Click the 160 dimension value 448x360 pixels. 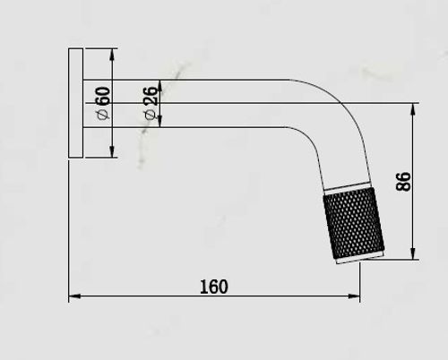pos(213,287)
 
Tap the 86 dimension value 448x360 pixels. pos(403,181)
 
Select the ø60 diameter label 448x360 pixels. pos(103,103)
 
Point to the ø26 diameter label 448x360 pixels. pos(151,103)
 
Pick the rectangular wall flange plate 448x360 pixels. pos(76,103)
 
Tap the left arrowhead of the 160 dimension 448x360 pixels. pos(74,296)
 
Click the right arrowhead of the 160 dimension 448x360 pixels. pos(354,296)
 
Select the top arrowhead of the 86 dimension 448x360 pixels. pos(413,109)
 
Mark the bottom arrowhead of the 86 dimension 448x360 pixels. pos(413,253)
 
